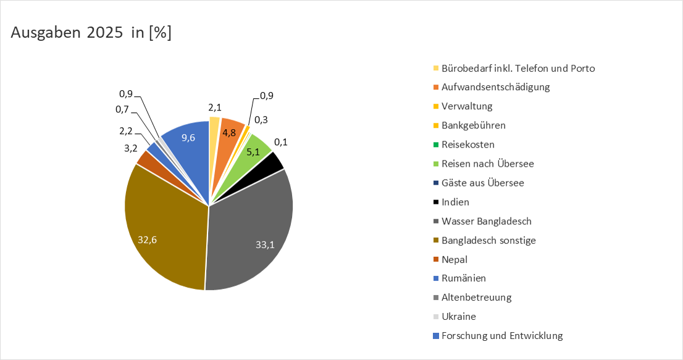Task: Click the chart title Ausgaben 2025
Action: [91, 33]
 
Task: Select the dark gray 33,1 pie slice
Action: [253, 235]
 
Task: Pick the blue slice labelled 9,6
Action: [188, 139]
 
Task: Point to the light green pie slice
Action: [255, 148]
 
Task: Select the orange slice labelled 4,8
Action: [230, 131]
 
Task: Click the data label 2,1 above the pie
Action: [215, 108]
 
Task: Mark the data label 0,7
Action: [123, 109]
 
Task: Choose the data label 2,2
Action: [125, 131]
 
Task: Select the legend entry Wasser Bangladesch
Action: [486, 221]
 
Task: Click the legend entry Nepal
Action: [455, 259]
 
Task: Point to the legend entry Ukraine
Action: [459, 317]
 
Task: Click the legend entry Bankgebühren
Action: [473, 125]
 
